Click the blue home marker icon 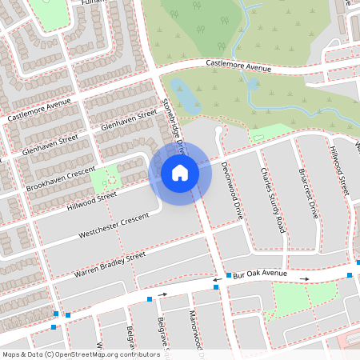[x=180, y=171]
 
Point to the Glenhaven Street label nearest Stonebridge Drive [x=124, y=121]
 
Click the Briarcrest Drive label [x=308, y=193]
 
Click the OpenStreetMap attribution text [x=80, y=354]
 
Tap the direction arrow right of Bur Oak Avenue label [x=305, y=278]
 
